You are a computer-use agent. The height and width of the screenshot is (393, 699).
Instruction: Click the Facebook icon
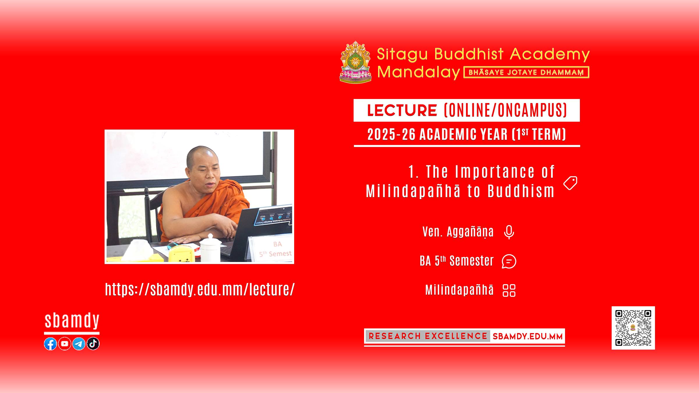(x=50, y=344)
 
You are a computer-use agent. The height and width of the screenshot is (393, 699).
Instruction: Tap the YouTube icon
(x=65, y=344)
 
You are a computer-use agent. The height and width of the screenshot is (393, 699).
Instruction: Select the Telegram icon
(x=79, y=344)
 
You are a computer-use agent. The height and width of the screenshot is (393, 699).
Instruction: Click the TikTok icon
(x=93, y=344)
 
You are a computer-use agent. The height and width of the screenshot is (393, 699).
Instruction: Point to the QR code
(x=633, y=328)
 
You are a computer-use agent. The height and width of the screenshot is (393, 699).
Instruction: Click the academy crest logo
(x=356, y=62)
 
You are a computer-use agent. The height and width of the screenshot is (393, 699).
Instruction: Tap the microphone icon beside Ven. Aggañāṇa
(x=509, y=232)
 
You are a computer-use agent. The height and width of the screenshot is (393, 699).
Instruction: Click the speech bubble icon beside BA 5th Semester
(x=509, y=261)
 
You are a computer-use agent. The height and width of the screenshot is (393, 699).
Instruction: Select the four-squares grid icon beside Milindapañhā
(x=509, y=290)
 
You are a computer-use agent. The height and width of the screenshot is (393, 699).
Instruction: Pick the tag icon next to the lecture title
(x=570, y=183)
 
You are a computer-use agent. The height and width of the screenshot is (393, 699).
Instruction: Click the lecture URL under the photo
(x=200, y=289)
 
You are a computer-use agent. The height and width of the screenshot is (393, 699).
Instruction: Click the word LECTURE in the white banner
(x=402, y=110)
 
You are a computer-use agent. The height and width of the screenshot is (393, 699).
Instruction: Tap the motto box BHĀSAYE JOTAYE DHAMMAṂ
(x=526, y=72)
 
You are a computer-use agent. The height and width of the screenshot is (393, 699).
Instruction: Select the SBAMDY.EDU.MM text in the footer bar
(x=527, y=337)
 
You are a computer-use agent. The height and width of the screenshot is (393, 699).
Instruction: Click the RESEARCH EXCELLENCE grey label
(x=428, y=336)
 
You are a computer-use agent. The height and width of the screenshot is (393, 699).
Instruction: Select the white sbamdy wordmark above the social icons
(x=72, y=321)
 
